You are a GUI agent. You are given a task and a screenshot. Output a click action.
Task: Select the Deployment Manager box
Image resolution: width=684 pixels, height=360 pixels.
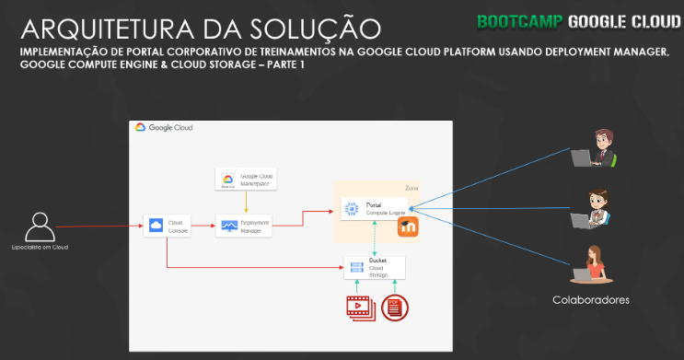pos(245,226)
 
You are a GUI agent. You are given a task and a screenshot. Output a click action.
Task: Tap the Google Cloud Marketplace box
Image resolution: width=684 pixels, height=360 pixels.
pos(245,179)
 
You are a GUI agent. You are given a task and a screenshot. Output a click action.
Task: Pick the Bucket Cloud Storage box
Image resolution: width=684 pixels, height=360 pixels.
pos(374,268)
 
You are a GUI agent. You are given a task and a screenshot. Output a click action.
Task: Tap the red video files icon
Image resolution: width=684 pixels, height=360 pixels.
pos(360,308)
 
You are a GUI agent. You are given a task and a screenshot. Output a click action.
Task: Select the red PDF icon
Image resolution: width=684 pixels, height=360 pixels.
pos(395,308)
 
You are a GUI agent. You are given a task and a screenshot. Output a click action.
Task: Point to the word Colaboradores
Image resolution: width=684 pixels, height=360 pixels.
pos(591,300)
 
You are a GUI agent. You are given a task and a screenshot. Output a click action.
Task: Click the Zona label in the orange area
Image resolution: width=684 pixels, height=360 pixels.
pos(412,188)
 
